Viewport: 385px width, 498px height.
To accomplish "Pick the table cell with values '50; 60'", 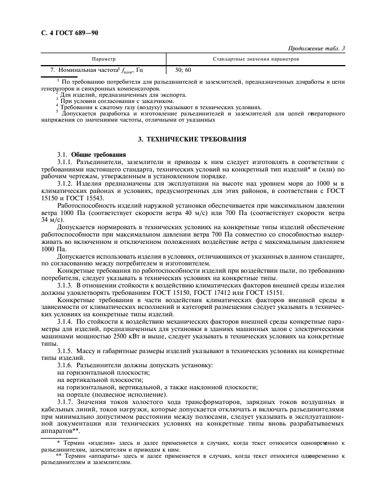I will [x=183, y=70].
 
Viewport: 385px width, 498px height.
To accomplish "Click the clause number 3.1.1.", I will [x=65, y=161].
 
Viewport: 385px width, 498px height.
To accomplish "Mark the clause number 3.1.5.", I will [x=65, y=351].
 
